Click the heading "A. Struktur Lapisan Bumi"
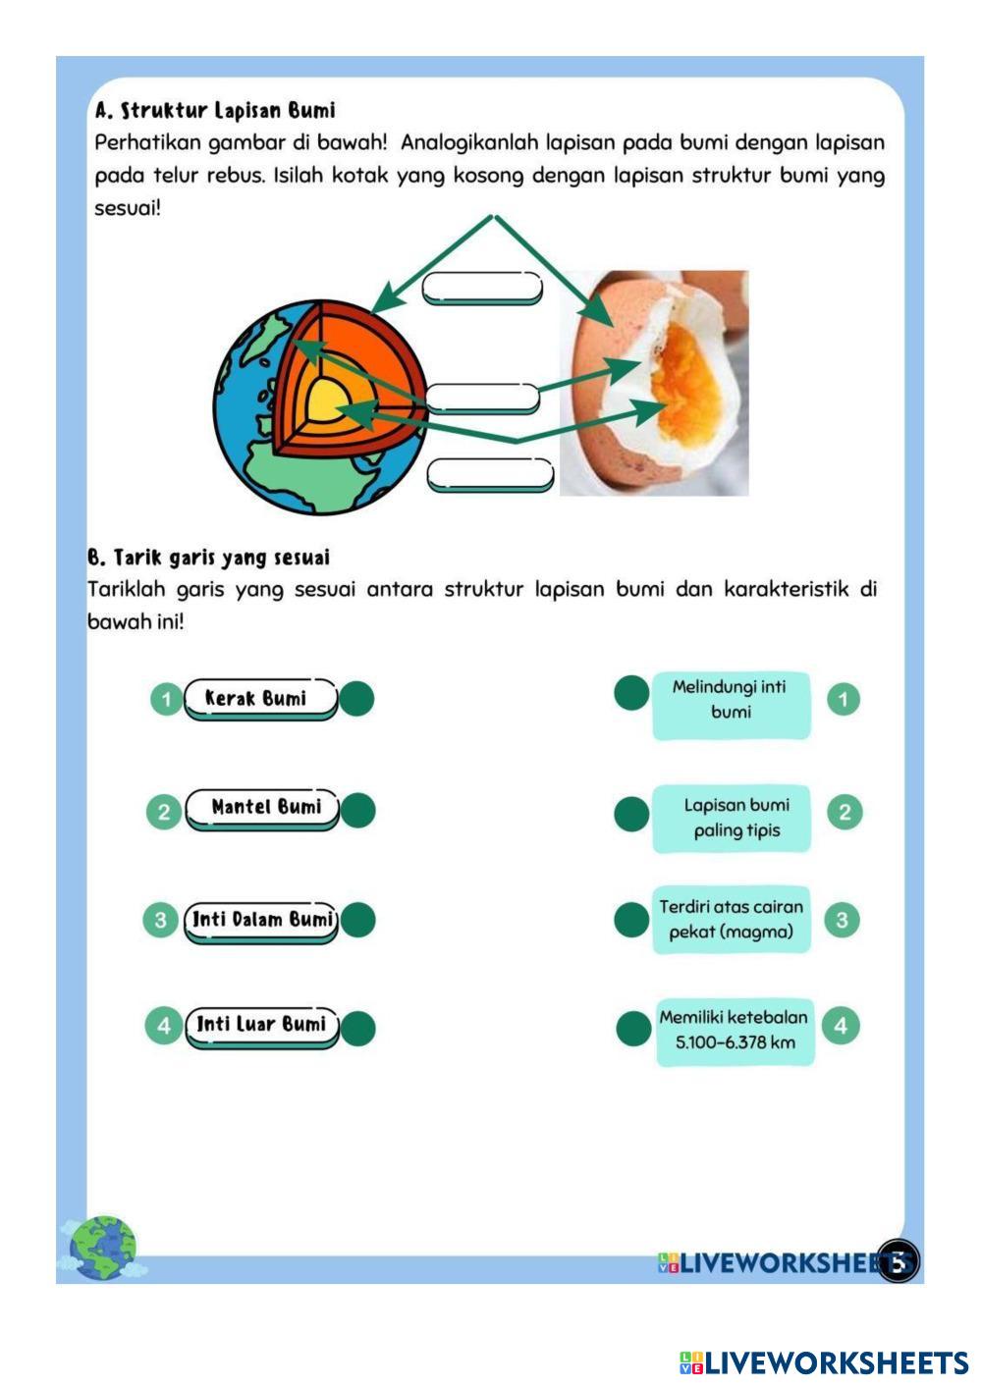coord(215,110)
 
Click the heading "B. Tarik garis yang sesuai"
coord(208,558)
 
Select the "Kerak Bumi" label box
coord(260,699)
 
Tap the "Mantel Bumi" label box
coord(262,808)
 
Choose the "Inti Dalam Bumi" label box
coord(261,920)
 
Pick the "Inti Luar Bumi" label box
coord(261,1025)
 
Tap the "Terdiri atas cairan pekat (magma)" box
coord(731,920)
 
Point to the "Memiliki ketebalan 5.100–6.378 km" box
coord(735,1031)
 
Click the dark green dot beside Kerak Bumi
coord(356,699)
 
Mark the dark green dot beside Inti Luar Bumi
coord(358,1029)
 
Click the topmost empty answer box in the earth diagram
coord(481,288)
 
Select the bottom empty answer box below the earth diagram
coord(490,473)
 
